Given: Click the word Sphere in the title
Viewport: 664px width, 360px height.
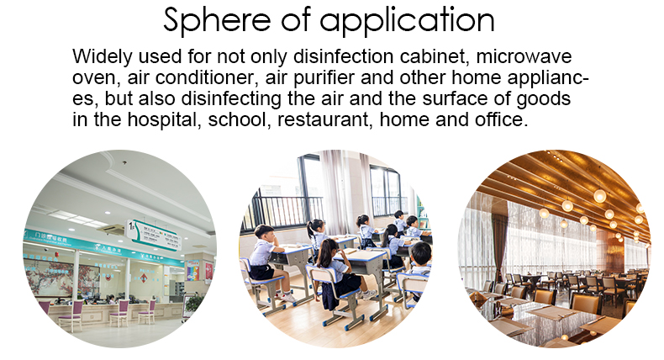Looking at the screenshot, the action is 217,20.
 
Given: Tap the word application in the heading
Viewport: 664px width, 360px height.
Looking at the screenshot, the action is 407,21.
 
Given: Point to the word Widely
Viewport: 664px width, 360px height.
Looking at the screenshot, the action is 102,57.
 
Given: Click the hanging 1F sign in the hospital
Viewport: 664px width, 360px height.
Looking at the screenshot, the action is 154,235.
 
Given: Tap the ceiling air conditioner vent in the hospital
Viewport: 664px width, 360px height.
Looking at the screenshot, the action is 111,229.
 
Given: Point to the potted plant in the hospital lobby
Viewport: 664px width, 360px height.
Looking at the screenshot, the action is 193,303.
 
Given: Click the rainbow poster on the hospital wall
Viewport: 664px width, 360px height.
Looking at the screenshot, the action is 193,271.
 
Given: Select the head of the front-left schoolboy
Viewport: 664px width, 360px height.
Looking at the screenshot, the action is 264,232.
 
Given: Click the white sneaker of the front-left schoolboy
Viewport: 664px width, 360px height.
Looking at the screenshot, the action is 288,298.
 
